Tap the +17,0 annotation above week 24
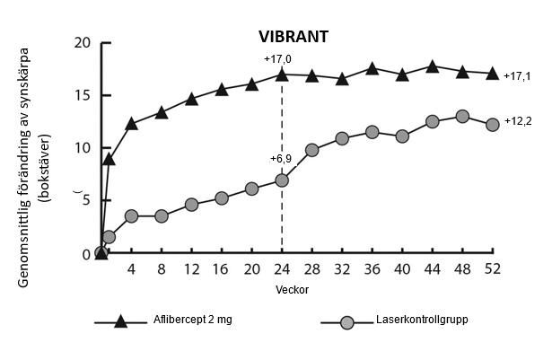coord(277,58)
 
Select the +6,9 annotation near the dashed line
coord(281,159)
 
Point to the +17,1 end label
coord(518,76)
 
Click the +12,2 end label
coord(518,121)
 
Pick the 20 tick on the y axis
coord(83,43)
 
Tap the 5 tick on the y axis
coord(86,201)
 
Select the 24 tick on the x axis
coord(282,269)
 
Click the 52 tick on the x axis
coord(492,269)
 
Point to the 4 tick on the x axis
coord(131,269)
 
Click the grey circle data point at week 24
coord(282,180)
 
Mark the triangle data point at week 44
coord(433,66)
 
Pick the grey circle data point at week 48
coord(462,117)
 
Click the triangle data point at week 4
coord(131,123)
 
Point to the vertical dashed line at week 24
coord(282,215)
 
